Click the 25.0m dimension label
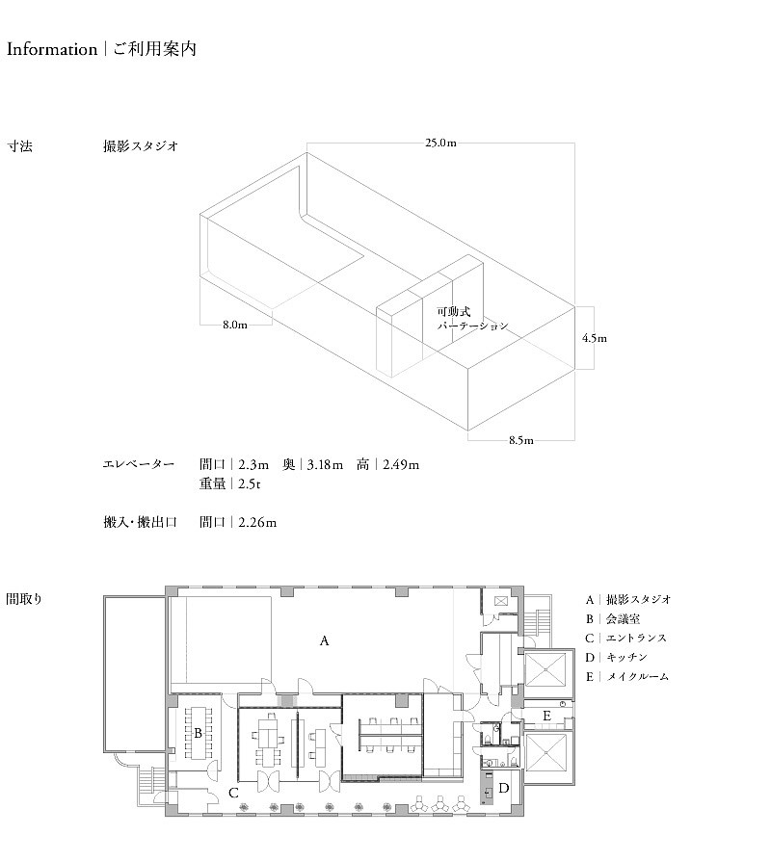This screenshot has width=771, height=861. coord(440,143)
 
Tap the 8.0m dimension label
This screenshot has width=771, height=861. coord(234,325)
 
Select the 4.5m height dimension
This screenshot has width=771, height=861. coord(595,338)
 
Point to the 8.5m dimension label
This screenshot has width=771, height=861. coord(521,440)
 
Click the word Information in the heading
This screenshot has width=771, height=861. coord(52,49)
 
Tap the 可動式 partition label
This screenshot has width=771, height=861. coord(453,311)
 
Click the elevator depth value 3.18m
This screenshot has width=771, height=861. coord(325,464)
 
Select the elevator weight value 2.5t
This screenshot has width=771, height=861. coord(250,483)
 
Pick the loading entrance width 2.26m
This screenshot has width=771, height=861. coord(257,522)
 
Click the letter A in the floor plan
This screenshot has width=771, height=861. coord(324,640)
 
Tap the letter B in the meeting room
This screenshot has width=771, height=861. coord(198,733)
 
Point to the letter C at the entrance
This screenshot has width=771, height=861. coord(233,793)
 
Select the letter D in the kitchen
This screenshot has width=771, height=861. coord(503,788)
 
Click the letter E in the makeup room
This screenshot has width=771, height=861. coord(546,716)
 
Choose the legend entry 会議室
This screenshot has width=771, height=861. coord(624,619)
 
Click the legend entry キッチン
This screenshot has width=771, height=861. coord(626,657)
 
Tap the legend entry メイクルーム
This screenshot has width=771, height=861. coord(637,676)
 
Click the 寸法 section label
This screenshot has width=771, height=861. coord(20,146)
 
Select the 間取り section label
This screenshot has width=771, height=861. coord(24,598)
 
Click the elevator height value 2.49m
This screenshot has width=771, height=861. coord(401,464)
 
